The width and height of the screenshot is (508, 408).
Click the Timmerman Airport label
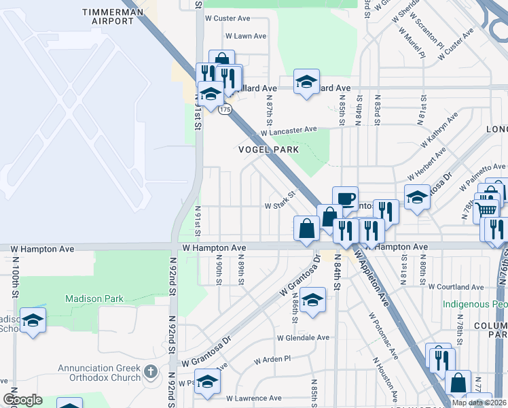click(x=113, y=16)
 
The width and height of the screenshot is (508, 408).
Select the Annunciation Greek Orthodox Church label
click(x=99, y=373)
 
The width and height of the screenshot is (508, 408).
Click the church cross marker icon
click(x=151, y=373)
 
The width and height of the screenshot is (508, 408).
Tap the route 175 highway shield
click(x=225, y=109)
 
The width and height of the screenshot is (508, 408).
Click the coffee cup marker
click(x=345, y=199)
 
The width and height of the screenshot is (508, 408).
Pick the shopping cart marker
click(x=487, y=208)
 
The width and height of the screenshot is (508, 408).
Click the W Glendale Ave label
click(x=303, y=337)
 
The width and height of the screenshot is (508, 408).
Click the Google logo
click(x=22, y=400)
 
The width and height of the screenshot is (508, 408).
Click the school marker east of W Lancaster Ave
click(x=306, y=82)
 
